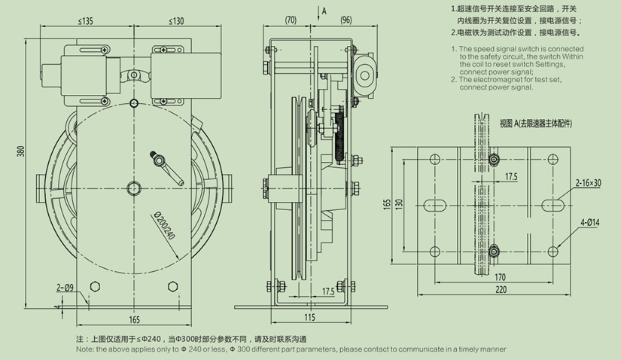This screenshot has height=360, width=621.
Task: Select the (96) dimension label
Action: click(x=346, y=20)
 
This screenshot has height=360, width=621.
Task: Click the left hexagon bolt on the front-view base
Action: click(x=94, y=287)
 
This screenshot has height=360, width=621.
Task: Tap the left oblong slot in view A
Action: click(x=435, y=204)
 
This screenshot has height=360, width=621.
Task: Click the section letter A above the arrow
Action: click(x=324, y=11)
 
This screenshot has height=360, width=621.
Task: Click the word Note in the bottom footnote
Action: click(x=84, y=349)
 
